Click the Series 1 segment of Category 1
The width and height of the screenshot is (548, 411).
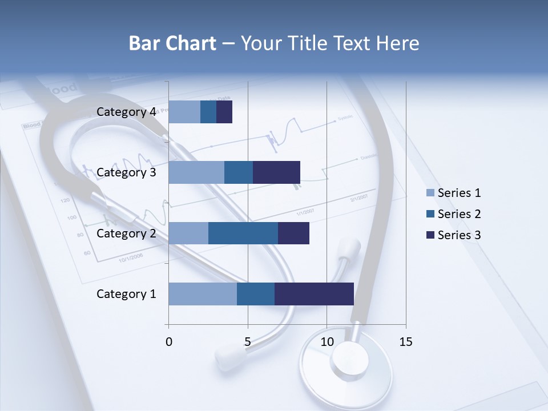click(203, 294)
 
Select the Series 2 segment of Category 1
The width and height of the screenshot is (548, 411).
click(256, 294)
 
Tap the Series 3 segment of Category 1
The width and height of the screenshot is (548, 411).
click(314, 294)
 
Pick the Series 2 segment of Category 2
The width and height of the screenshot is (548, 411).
click(243, 233)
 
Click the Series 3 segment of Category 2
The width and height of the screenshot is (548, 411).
click(293, 233)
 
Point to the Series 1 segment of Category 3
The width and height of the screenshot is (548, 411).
click(196, 172)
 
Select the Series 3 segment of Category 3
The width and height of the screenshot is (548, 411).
click(276, 172)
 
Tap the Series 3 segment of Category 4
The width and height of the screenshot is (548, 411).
click(224, 112)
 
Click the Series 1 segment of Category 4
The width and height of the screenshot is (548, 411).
click(184, 112)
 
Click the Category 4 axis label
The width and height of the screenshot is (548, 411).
click(126, 112)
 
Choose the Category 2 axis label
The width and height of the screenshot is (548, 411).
click(126, 233)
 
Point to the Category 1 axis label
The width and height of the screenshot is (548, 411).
click(126, 294)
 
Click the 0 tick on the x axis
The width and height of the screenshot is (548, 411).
click(169, 342)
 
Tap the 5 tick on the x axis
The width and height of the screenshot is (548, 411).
click(248, 342)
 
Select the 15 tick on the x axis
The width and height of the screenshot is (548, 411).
click(405, 342)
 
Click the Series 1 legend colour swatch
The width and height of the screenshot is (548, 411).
click(430, 193)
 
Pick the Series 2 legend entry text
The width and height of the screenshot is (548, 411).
click(459, 214)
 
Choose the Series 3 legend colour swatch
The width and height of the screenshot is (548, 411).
click(430, 235)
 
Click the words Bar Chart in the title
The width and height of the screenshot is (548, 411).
click(172, 43)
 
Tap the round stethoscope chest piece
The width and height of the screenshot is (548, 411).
click(346, 362)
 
